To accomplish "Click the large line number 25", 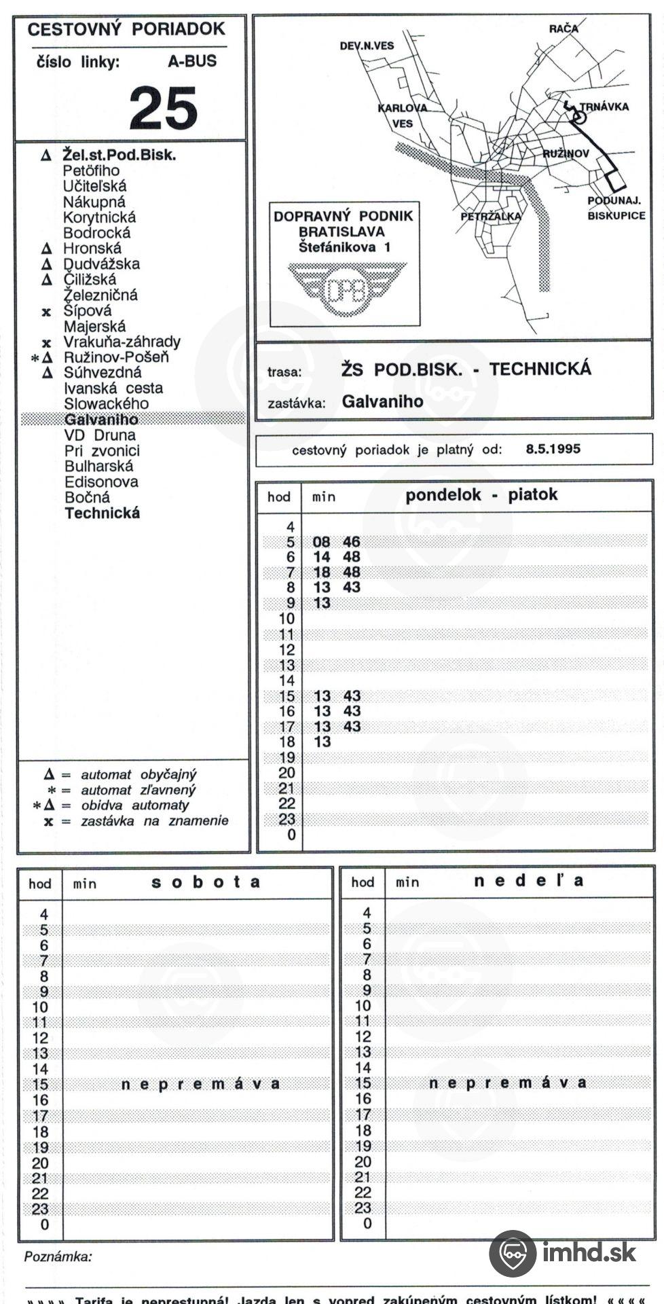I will (x=163, y=108).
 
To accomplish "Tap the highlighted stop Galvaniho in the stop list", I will (x=101, y=420).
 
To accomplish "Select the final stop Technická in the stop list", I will (x=103, y=513).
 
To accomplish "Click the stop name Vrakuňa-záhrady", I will (x=122, y=342).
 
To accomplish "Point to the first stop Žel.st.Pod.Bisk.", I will (x=119, y=155).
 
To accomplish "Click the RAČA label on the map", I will (x=564, y=29).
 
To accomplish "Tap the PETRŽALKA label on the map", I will (x=490, y=217).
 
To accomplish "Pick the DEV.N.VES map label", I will (x=367, y=46).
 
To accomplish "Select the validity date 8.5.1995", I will (x=553, y=449).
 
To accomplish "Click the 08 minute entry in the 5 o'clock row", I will (x=322, y=542).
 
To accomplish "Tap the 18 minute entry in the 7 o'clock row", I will (x=322, y=573).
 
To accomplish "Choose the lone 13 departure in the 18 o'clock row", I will (x=322, y=742).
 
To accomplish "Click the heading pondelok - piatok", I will (x=481, y=494).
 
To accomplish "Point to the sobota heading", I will (x=206, y=882).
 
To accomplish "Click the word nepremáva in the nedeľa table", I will (x=506, y=1083).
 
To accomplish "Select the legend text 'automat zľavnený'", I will (x=138, y=790).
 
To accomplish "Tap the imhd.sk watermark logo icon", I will (x=513, y=1253).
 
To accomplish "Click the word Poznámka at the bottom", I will (x=58, y=1257).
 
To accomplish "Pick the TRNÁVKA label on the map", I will (x=604, y=107).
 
